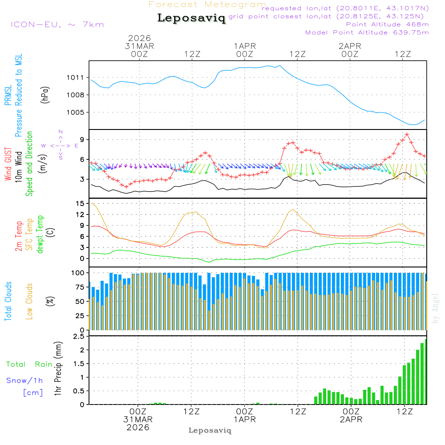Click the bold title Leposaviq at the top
coord(191,18)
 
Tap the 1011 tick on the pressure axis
coord(75,77)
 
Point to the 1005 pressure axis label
coord(75,112)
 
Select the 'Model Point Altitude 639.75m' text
coord(367,32)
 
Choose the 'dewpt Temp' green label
coord(40,235)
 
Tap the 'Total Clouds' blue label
coord(8,301)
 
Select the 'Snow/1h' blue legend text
coord(24,380)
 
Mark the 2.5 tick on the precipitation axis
coord(79,337)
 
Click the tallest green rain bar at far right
coord(426,372)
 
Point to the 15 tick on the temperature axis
coord(81,203)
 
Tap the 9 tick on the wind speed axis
coord(82,140)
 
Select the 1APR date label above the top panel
coord(245,46)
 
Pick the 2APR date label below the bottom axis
coord(351,420)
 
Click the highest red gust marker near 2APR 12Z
coord(407,134)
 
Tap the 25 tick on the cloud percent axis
coord(81,316)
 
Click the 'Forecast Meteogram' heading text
coord(207,4)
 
